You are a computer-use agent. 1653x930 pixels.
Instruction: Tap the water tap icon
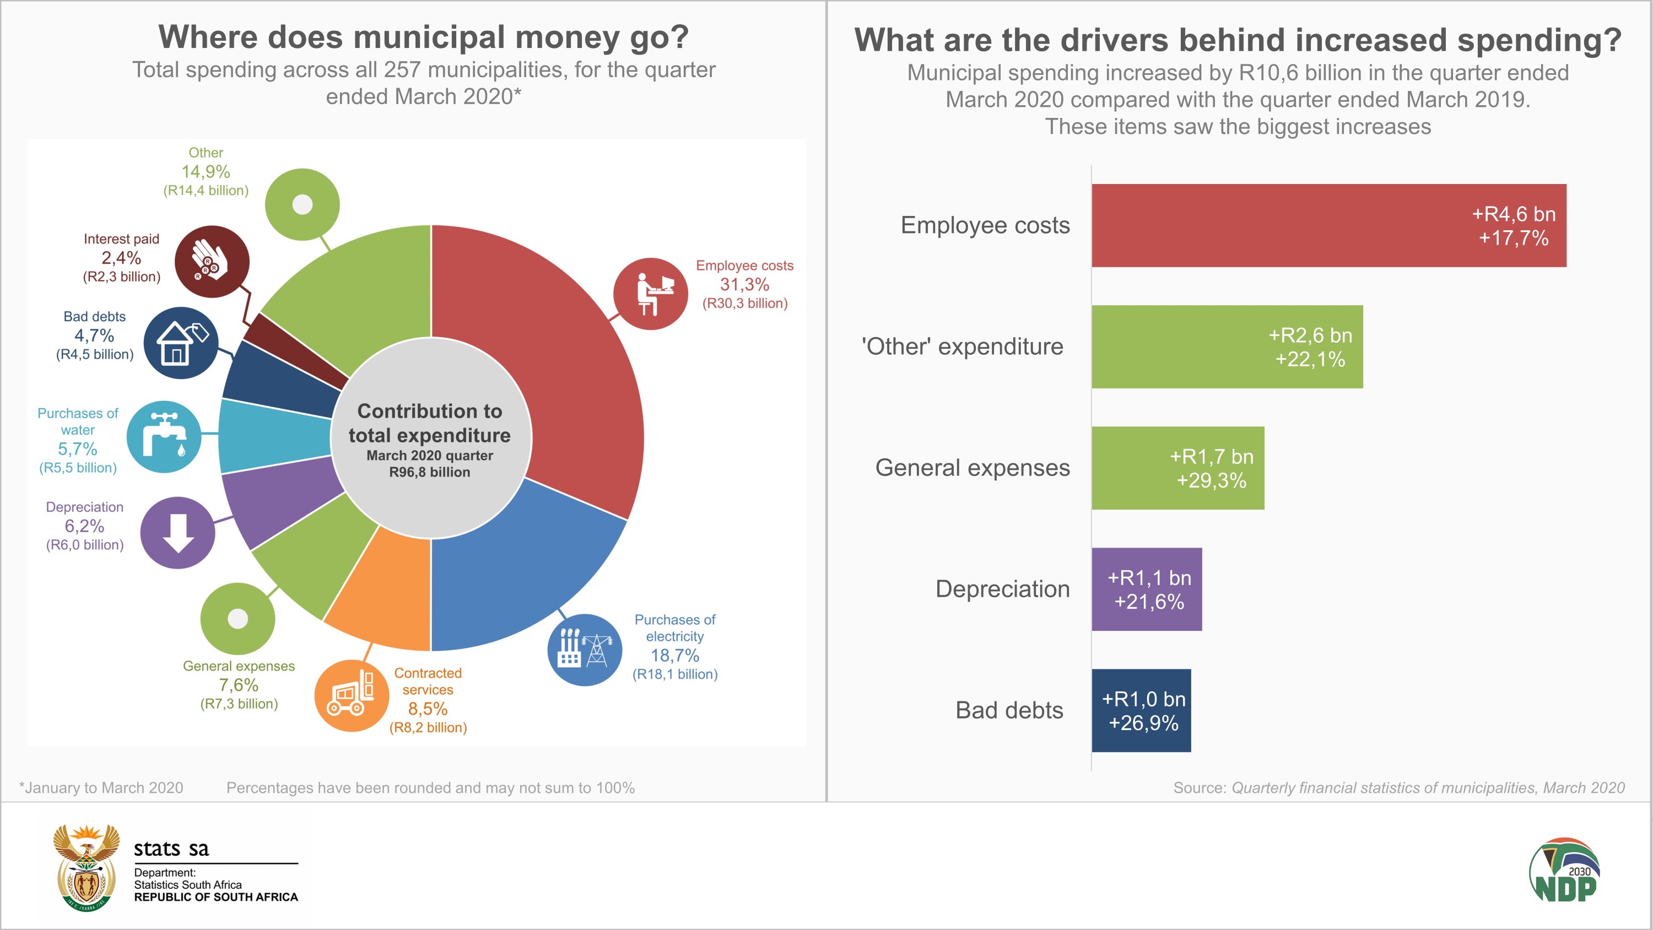[164, 437]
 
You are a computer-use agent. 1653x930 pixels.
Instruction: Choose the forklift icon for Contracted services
[352, 696]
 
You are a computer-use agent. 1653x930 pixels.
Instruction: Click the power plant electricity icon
[585, 650]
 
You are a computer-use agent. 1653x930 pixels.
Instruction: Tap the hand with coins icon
[212, 261]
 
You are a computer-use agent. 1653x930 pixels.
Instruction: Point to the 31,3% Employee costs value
[744, 284]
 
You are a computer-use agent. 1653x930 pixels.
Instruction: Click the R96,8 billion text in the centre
[429, 472]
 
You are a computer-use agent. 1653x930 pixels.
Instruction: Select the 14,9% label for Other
[206, 171]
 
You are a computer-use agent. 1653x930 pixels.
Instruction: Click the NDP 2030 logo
[1564, 870]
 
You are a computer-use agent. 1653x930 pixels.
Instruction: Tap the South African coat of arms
[86, 867]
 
